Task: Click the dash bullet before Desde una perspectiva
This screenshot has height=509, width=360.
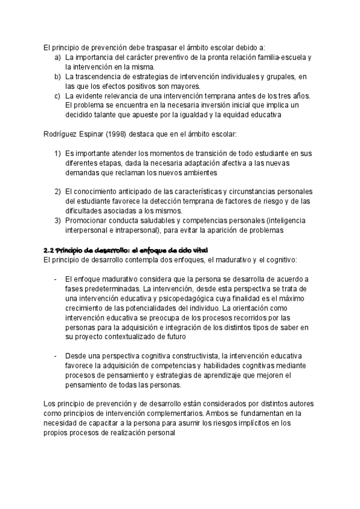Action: pos(55,355)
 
